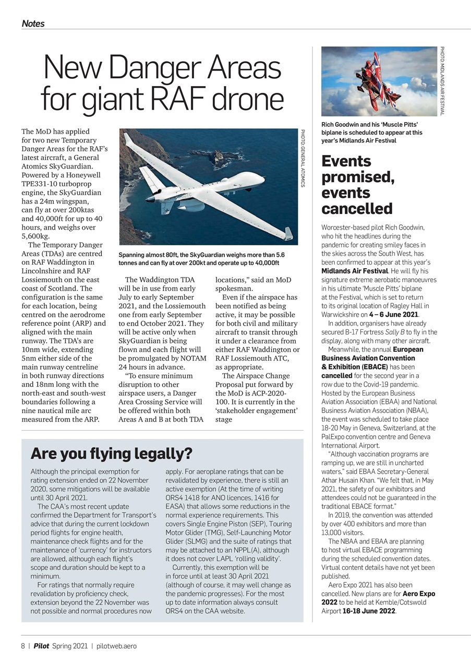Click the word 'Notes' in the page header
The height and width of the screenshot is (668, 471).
point(33,23)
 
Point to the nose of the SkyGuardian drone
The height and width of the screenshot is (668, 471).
point(150,199)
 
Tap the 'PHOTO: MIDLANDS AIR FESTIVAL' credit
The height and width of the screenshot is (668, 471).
point(442,80)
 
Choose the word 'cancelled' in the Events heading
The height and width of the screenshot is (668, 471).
point(357,209)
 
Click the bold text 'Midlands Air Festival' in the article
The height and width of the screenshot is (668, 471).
point(354,271)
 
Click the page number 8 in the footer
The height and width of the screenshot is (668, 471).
point(23,646)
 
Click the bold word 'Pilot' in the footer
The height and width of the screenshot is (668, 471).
point(42,646)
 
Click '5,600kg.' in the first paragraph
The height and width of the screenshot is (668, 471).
point(35,236)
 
